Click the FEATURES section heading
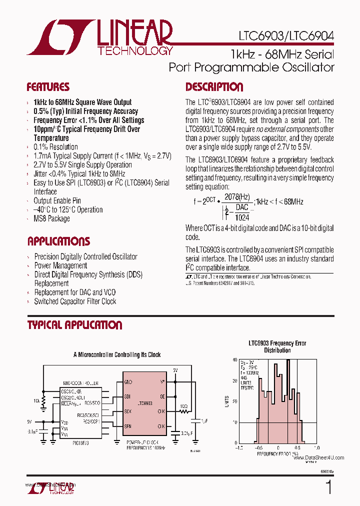[48, 87]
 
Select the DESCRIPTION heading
[214, 87]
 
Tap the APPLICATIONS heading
[58, 241]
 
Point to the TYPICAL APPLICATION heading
[74, 325]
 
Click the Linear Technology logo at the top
[100, 37]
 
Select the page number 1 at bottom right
[328, 487]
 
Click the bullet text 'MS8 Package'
[51, 218]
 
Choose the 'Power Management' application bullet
[60, 265]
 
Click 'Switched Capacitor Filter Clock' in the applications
[75, 301]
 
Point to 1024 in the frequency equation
[241, 217]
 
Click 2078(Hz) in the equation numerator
[237, 196]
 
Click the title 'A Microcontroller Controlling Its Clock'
[117, 354]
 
